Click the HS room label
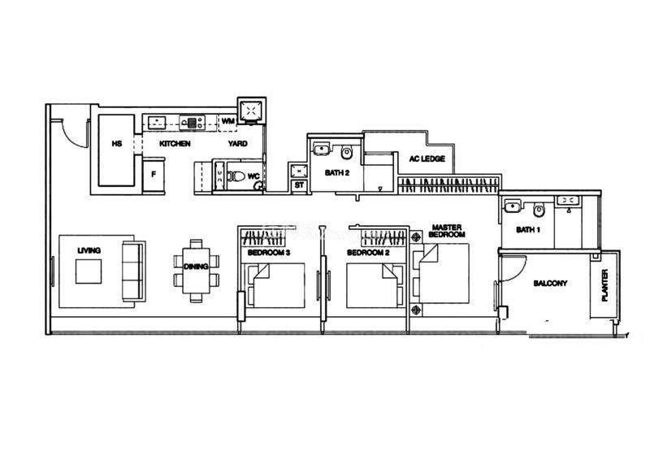click(x=117, y=144)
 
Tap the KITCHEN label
click(x=175, y=144)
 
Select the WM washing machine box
click(x=227, y=122)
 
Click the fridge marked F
click(x=154, y=175)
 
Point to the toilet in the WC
click(x=236, y=176)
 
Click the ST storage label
click(x=299, y=185)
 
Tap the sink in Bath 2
click(x=321, y=150)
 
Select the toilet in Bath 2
click(x=347, y=153)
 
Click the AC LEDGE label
click(x=427, y=158)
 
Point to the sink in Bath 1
click(x=513, y=206)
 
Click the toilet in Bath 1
click(x=539, y=210)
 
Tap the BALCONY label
click(x=550, y=284)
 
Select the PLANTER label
click(x=604, y=285)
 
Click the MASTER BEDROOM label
click(x=447, y=231)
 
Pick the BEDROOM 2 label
click(x=368, y=253)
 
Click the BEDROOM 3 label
click(x=269, y=253)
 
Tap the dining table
click(x=196, y=271)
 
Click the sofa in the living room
click(x=133, y=271)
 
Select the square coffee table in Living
click(x=89, y=271)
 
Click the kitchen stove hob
click(x=193, y=123)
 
